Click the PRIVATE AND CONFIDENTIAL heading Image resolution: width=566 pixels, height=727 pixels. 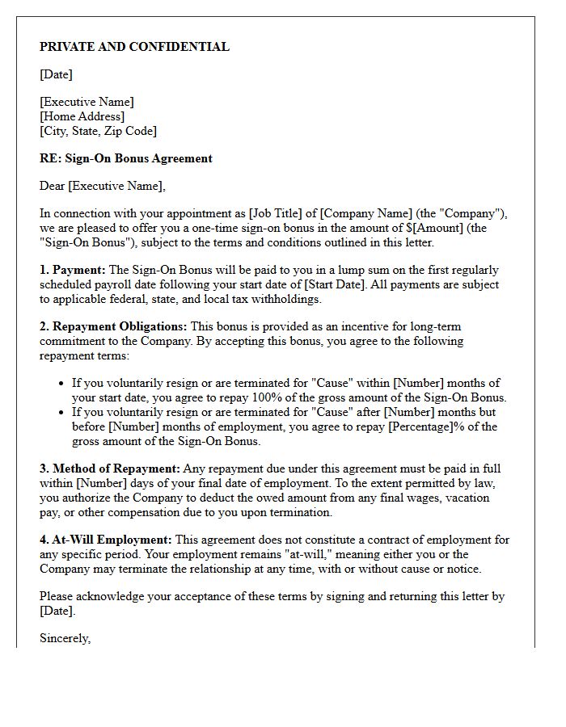pyautogui.click(x=134, y=47)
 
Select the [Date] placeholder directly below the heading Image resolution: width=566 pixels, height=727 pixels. pyautogui.click(x=56, y=74)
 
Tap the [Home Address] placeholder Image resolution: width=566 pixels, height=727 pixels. pyautogui.click(x=82, y=116)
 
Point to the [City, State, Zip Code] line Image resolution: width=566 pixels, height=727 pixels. pyautogui.click(x=98, y=131)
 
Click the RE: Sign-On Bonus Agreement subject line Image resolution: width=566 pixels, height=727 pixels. pyautogui.click(x=125, y=158)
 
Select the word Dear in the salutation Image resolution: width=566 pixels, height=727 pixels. pyautogui.click(x=53, y=186)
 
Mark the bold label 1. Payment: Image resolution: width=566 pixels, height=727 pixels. pyautogui.click(x=73, y=270)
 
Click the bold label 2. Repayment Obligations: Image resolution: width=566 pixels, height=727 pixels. pyautogui.click(x=113, y=326)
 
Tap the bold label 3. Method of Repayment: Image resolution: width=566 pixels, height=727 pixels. pyautogui.click(x=110, y=469)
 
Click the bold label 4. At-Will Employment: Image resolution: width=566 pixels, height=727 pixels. pyautogui.click(x=105, y=540)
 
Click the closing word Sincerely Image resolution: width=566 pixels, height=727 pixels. pyautogui.click(x=65, y=638)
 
